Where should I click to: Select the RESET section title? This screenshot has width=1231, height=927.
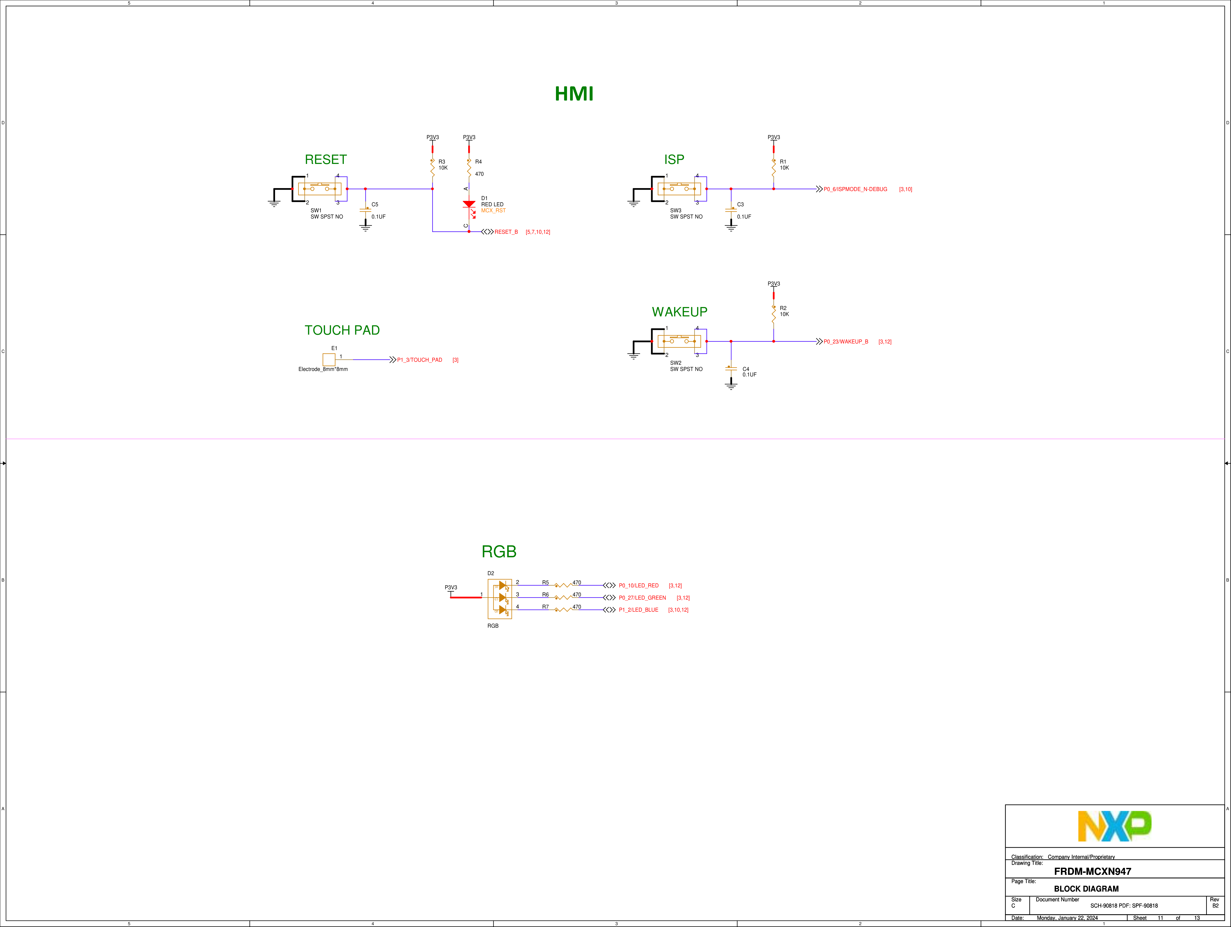point(326,160)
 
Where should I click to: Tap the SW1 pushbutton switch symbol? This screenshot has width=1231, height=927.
point(319,189)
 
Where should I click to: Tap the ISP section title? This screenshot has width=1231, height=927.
point(674,160)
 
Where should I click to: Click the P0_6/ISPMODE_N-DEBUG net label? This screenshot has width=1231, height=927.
point(855,189)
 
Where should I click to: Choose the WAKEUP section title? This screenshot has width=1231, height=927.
point(680,312)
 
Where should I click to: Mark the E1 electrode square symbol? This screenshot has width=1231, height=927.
point(329,360)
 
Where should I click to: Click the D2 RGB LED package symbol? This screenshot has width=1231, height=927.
point(500,598)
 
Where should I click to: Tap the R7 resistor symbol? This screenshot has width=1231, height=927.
point(563,610)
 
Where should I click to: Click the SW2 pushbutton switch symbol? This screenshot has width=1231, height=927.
point(679,341)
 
